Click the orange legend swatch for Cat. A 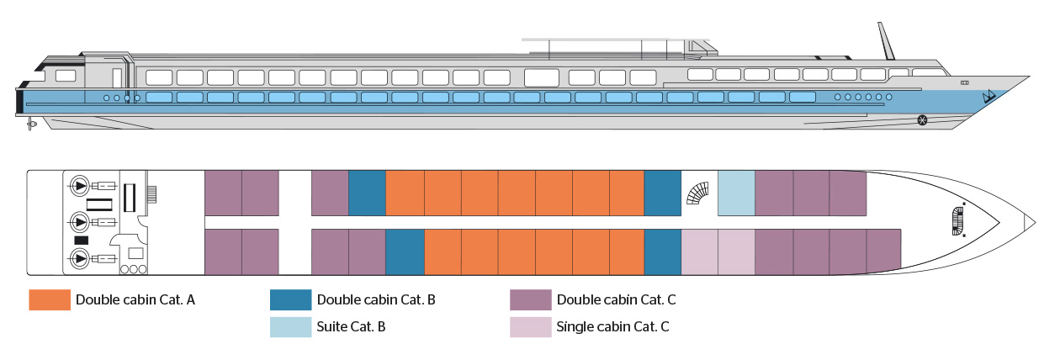(49, 300)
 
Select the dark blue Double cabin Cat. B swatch (290, 300)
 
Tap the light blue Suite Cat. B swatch (290, 326)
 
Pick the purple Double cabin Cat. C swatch (531, 300)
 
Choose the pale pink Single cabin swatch (531, 326)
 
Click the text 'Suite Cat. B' (351, 326)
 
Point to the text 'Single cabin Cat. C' (613, 326)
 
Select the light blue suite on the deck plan (736, 192)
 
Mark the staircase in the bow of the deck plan (957, 220)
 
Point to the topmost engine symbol (80, 184)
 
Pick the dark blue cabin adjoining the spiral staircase (662, 192)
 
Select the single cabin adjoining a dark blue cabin (699, 251)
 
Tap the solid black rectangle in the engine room (82, 241)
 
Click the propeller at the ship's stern (32, 124)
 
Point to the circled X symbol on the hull (922, 120)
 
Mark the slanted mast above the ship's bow (885, 40)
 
